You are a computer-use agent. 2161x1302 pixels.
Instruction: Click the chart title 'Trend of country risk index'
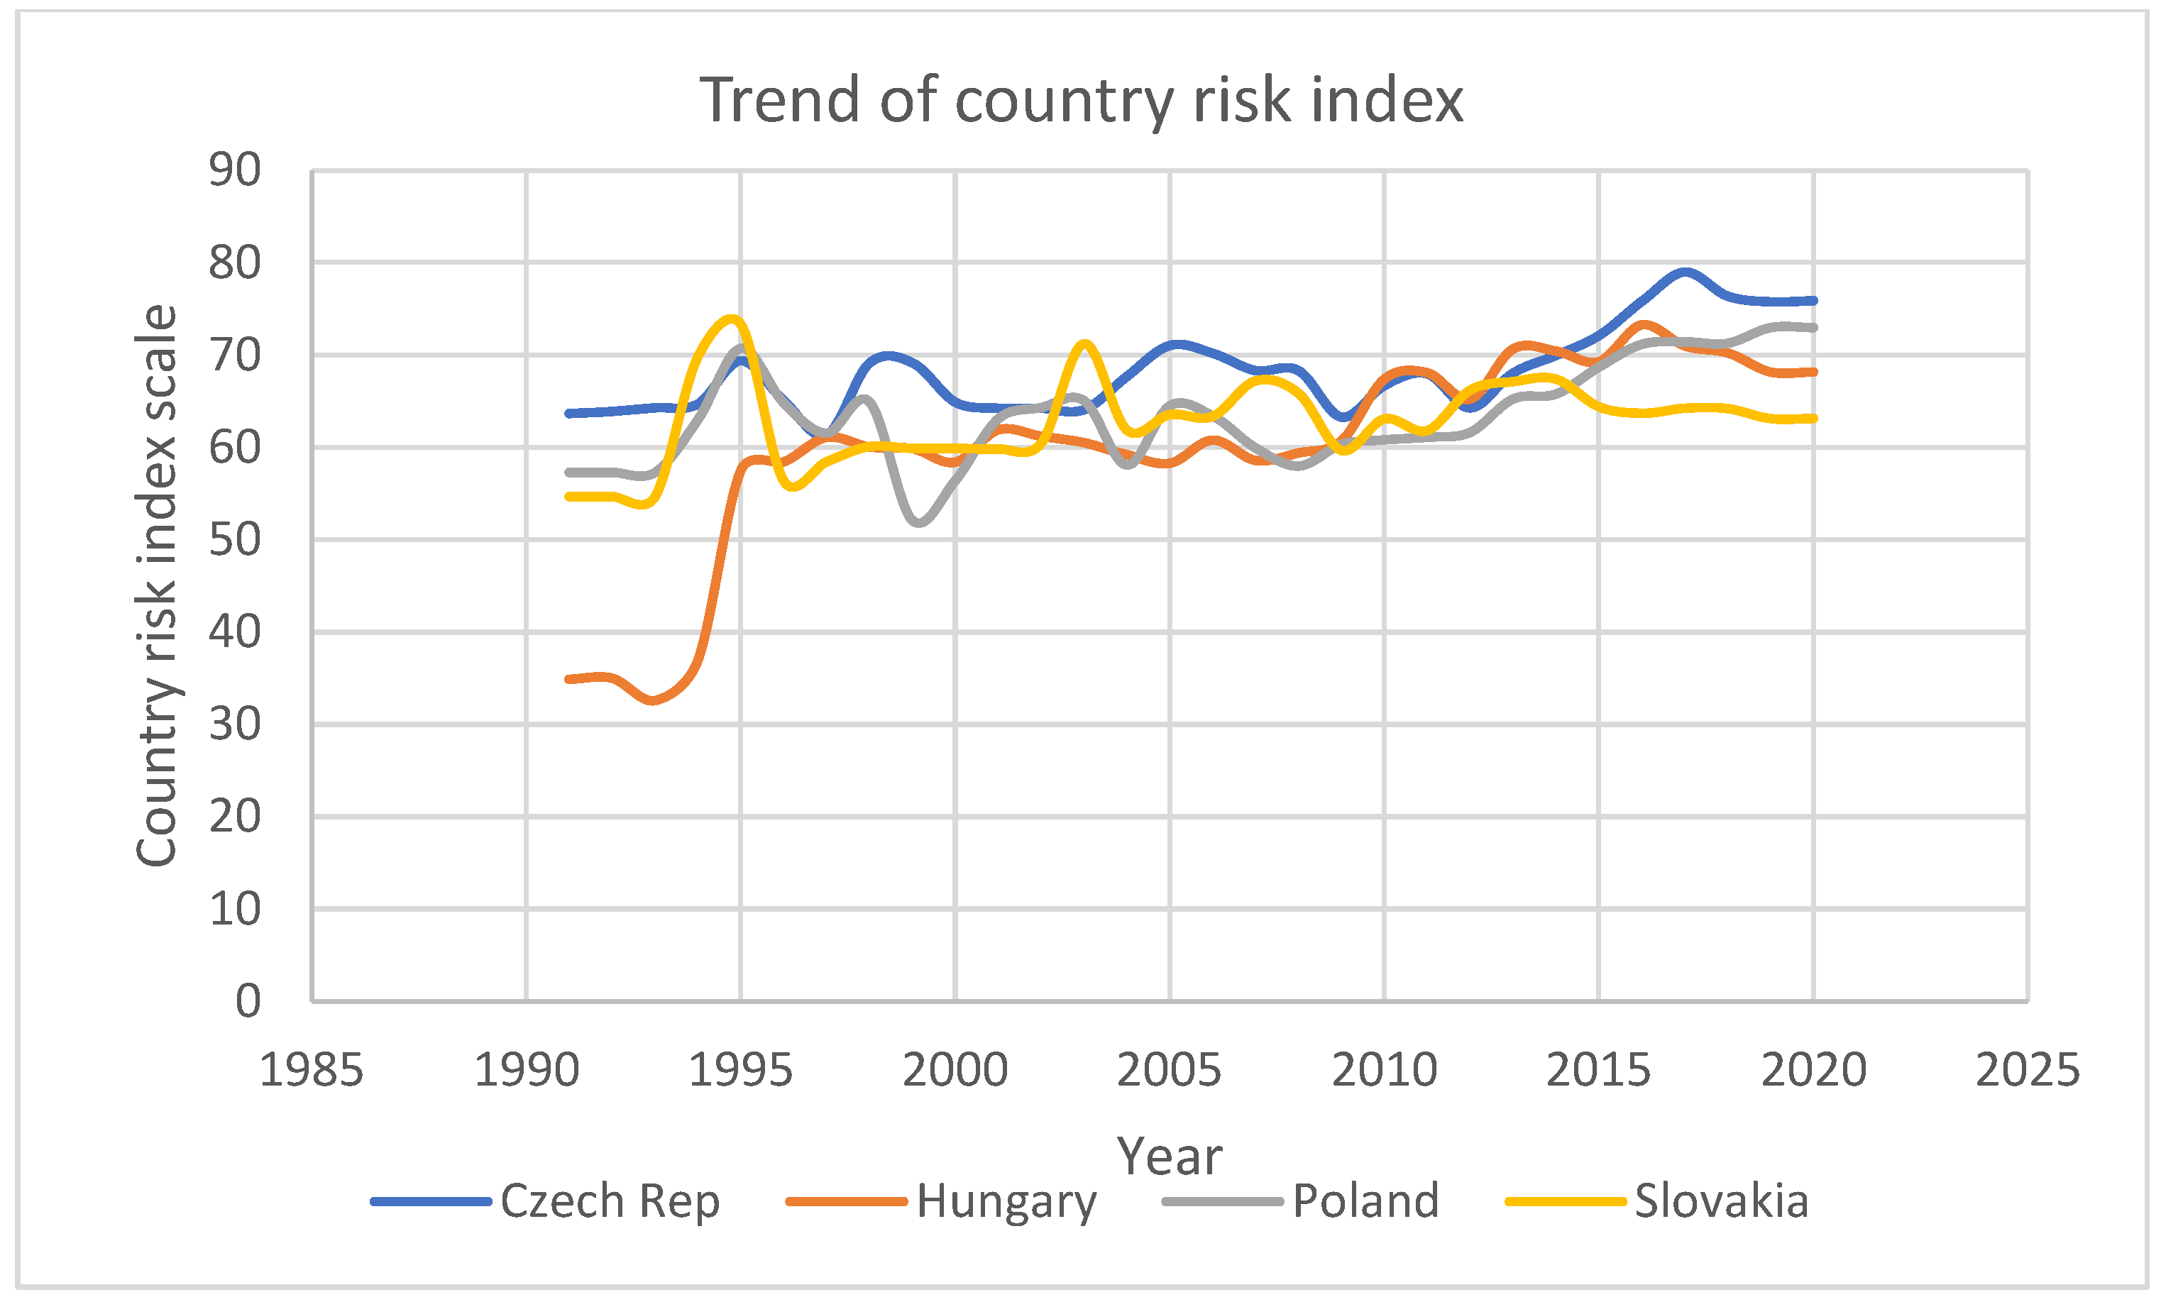coord(1080,100)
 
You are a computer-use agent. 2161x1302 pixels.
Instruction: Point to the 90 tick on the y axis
coord(234,170)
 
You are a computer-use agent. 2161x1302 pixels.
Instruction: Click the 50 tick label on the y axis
coord(234,539)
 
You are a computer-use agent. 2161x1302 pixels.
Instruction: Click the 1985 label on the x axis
coord(312,1071)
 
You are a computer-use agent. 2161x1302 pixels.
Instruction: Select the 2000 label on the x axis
coord(955,1071)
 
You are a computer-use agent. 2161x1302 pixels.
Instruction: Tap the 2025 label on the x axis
coord(2027,1071)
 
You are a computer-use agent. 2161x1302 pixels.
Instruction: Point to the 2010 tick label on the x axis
coord(1384,1071)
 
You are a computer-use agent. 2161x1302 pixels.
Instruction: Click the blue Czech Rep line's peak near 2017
coord(1685,272)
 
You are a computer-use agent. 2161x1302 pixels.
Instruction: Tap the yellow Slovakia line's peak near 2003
coord(1085,343)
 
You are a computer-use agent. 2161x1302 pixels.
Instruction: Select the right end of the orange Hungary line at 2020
coord(1813,373)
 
